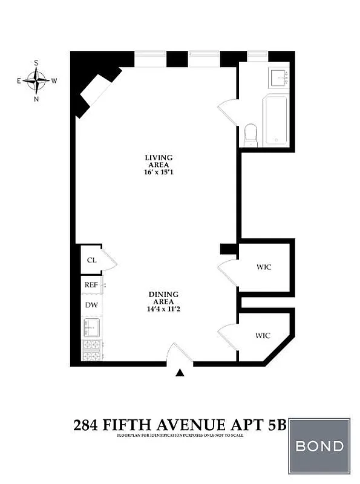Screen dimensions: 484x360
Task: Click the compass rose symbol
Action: pyautogui.click(x=37, y=80)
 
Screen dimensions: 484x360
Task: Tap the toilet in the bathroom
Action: pyautogui.click(x=250, y=135)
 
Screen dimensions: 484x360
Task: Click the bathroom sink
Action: pyautogui.click(x=280, y=77)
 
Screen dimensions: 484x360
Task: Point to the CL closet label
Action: pyautogui.click(x=91, y=260)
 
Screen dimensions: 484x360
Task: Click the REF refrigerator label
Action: pyautogui.click(x=91, y=284)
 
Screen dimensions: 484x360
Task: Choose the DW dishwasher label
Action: pyautogui.click(x=91, y=306)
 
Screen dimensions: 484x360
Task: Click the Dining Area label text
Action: pyautogui.click(x=162, y=298)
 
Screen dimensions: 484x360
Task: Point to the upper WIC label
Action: pyautogui.click(x=263, y=267)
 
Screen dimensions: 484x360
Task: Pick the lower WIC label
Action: pyautogui.click(x=262, y=335)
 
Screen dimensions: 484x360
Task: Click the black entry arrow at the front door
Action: pyautogui.click(x=180, y=373)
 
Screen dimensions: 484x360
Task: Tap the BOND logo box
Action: pyautogui.click(x=319, y=446)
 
